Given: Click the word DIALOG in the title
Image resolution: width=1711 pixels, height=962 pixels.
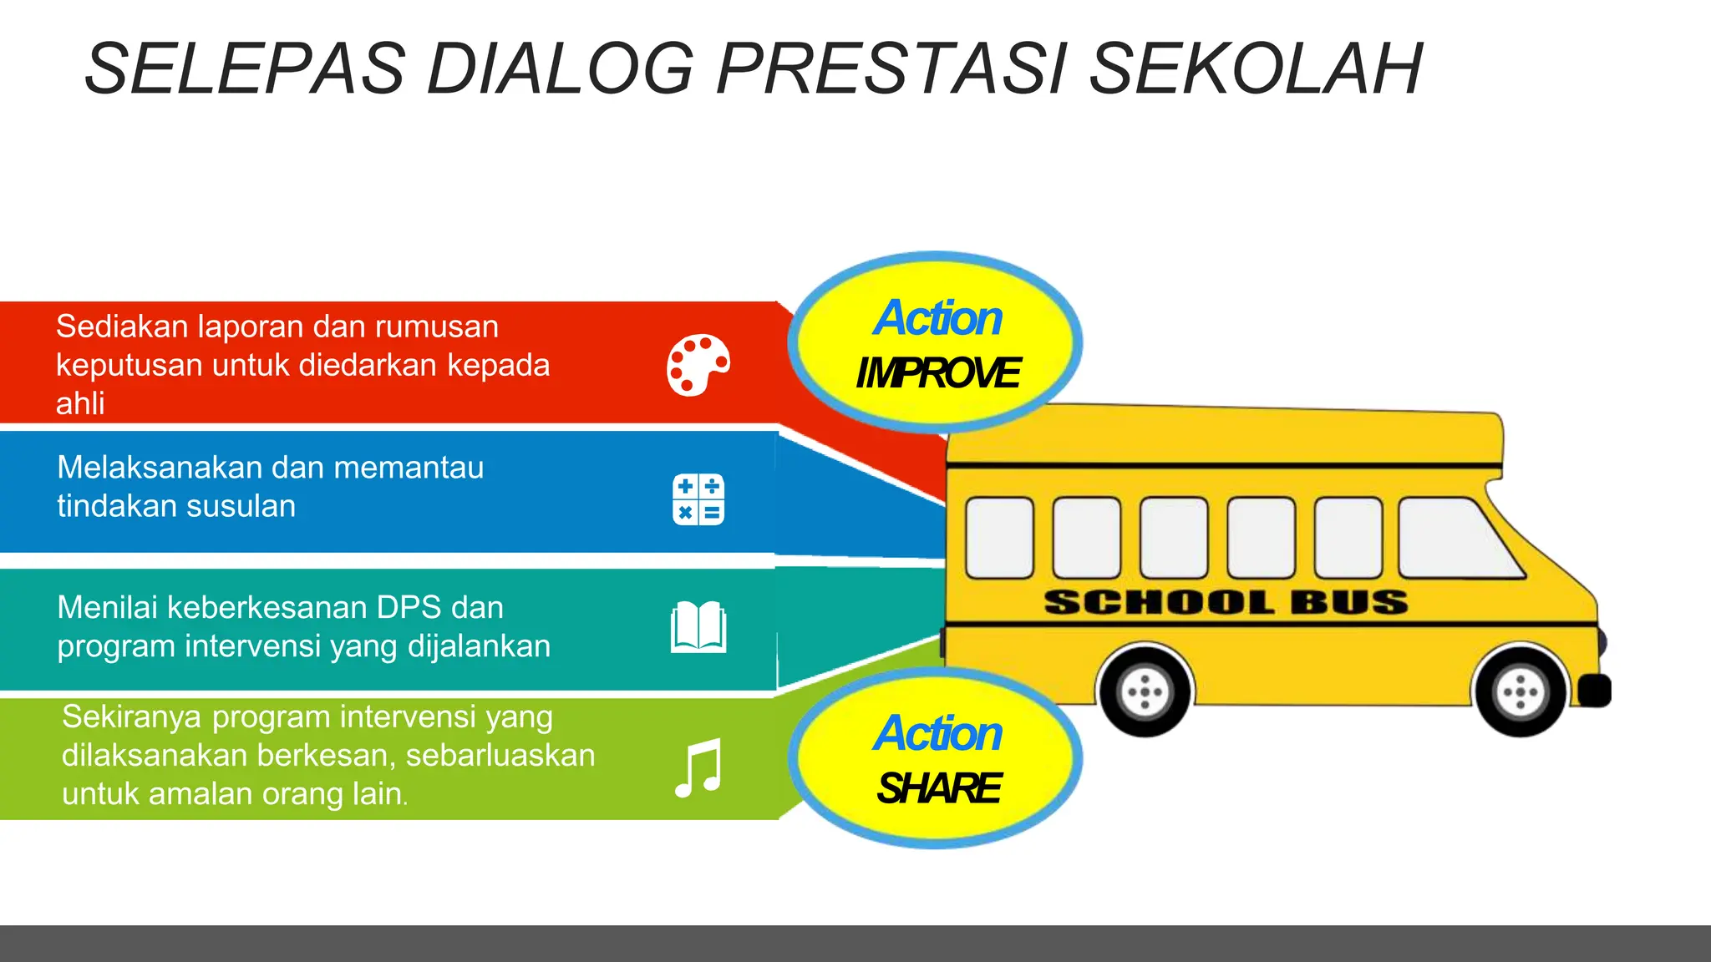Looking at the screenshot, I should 560,68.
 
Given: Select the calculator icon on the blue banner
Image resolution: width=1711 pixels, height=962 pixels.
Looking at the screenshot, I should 698,499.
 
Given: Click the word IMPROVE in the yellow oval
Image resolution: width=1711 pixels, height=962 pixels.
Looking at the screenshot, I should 937,373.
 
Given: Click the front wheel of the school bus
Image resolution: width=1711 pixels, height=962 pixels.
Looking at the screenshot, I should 1520,691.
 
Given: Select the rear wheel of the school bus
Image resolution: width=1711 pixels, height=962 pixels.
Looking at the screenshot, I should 1145,691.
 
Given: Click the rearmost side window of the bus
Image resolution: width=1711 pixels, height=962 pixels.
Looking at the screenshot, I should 999,538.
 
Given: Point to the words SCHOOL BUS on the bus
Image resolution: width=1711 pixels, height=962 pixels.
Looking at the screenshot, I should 1226,602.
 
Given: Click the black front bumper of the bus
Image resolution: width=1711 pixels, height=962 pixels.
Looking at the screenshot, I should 1594,691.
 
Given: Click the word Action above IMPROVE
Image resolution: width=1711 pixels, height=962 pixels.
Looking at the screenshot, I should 937,318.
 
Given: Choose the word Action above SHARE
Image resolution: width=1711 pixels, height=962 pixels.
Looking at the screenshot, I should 937,733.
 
